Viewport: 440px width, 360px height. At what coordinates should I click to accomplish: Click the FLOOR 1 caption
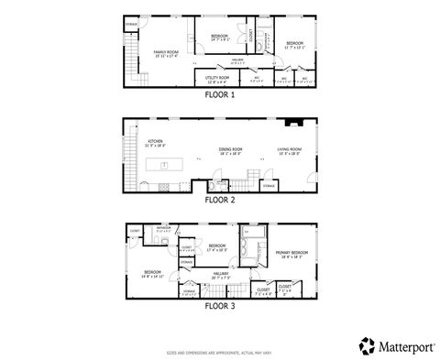[x=220, y=93]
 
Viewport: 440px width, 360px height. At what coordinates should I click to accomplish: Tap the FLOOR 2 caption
[x=220, y=199]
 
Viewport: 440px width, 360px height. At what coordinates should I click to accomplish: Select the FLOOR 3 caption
[x=220, y=305]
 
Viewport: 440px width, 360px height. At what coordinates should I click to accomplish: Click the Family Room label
[x=165, y=52]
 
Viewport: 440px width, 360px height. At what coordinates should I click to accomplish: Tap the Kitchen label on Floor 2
[x=154, y=142]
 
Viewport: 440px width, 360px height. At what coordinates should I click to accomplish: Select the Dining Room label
[x=230, y=150]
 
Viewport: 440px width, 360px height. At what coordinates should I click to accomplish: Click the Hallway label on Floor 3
[x=221, y=274]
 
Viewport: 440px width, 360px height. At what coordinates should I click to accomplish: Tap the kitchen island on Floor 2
[x=166, y=165]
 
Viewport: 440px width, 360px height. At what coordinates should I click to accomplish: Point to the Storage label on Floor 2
[x=269, y=186]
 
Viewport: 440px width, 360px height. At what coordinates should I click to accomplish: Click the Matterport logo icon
[x=367, y=344]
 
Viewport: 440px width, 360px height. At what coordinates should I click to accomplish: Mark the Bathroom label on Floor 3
[x=164, y=229]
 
